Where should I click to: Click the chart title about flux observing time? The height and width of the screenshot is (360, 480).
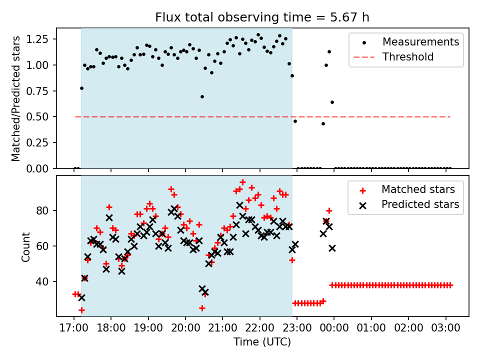click(x=262, y=18)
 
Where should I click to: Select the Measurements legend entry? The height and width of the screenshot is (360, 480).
click(x=420, y=42)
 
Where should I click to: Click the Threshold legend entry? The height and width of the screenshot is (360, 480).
click(x=408, y=57)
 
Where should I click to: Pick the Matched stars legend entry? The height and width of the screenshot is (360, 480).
click(x=418, y=189)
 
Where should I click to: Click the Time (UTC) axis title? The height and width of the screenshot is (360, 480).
click(x=262, y=342)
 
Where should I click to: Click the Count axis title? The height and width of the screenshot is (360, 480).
click(x=25, y=246)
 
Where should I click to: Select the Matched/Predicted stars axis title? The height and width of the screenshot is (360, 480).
click(x=16, y=98)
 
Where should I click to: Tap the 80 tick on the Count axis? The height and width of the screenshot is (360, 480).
click(x=44, y=210)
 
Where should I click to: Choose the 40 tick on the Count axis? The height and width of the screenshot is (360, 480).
click(x=44, y=282)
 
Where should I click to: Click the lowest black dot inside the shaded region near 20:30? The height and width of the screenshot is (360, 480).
click(x=202, y=96)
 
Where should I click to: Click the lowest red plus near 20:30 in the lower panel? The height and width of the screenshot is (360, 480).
click(x=202, y=308)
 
